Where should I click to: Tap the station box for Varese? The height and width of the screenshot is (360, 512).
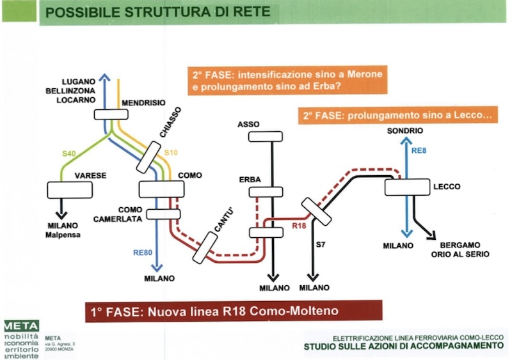70,190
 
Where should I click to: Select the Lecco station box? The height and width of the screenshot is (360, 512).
406,187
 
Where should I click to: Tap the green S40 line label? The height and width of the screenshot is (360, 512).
68,153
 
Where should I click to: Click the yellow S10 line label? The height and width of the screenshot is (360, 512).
171,153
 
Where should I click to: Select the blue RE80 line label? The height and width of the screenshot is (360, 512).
142,253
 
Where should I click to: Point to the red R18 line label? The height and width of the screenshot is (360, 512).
299,226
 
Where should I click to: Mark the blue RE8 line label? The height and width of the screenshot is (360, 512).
419,151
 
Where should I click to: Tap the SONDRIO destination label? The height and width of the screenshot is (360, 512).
404,131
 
